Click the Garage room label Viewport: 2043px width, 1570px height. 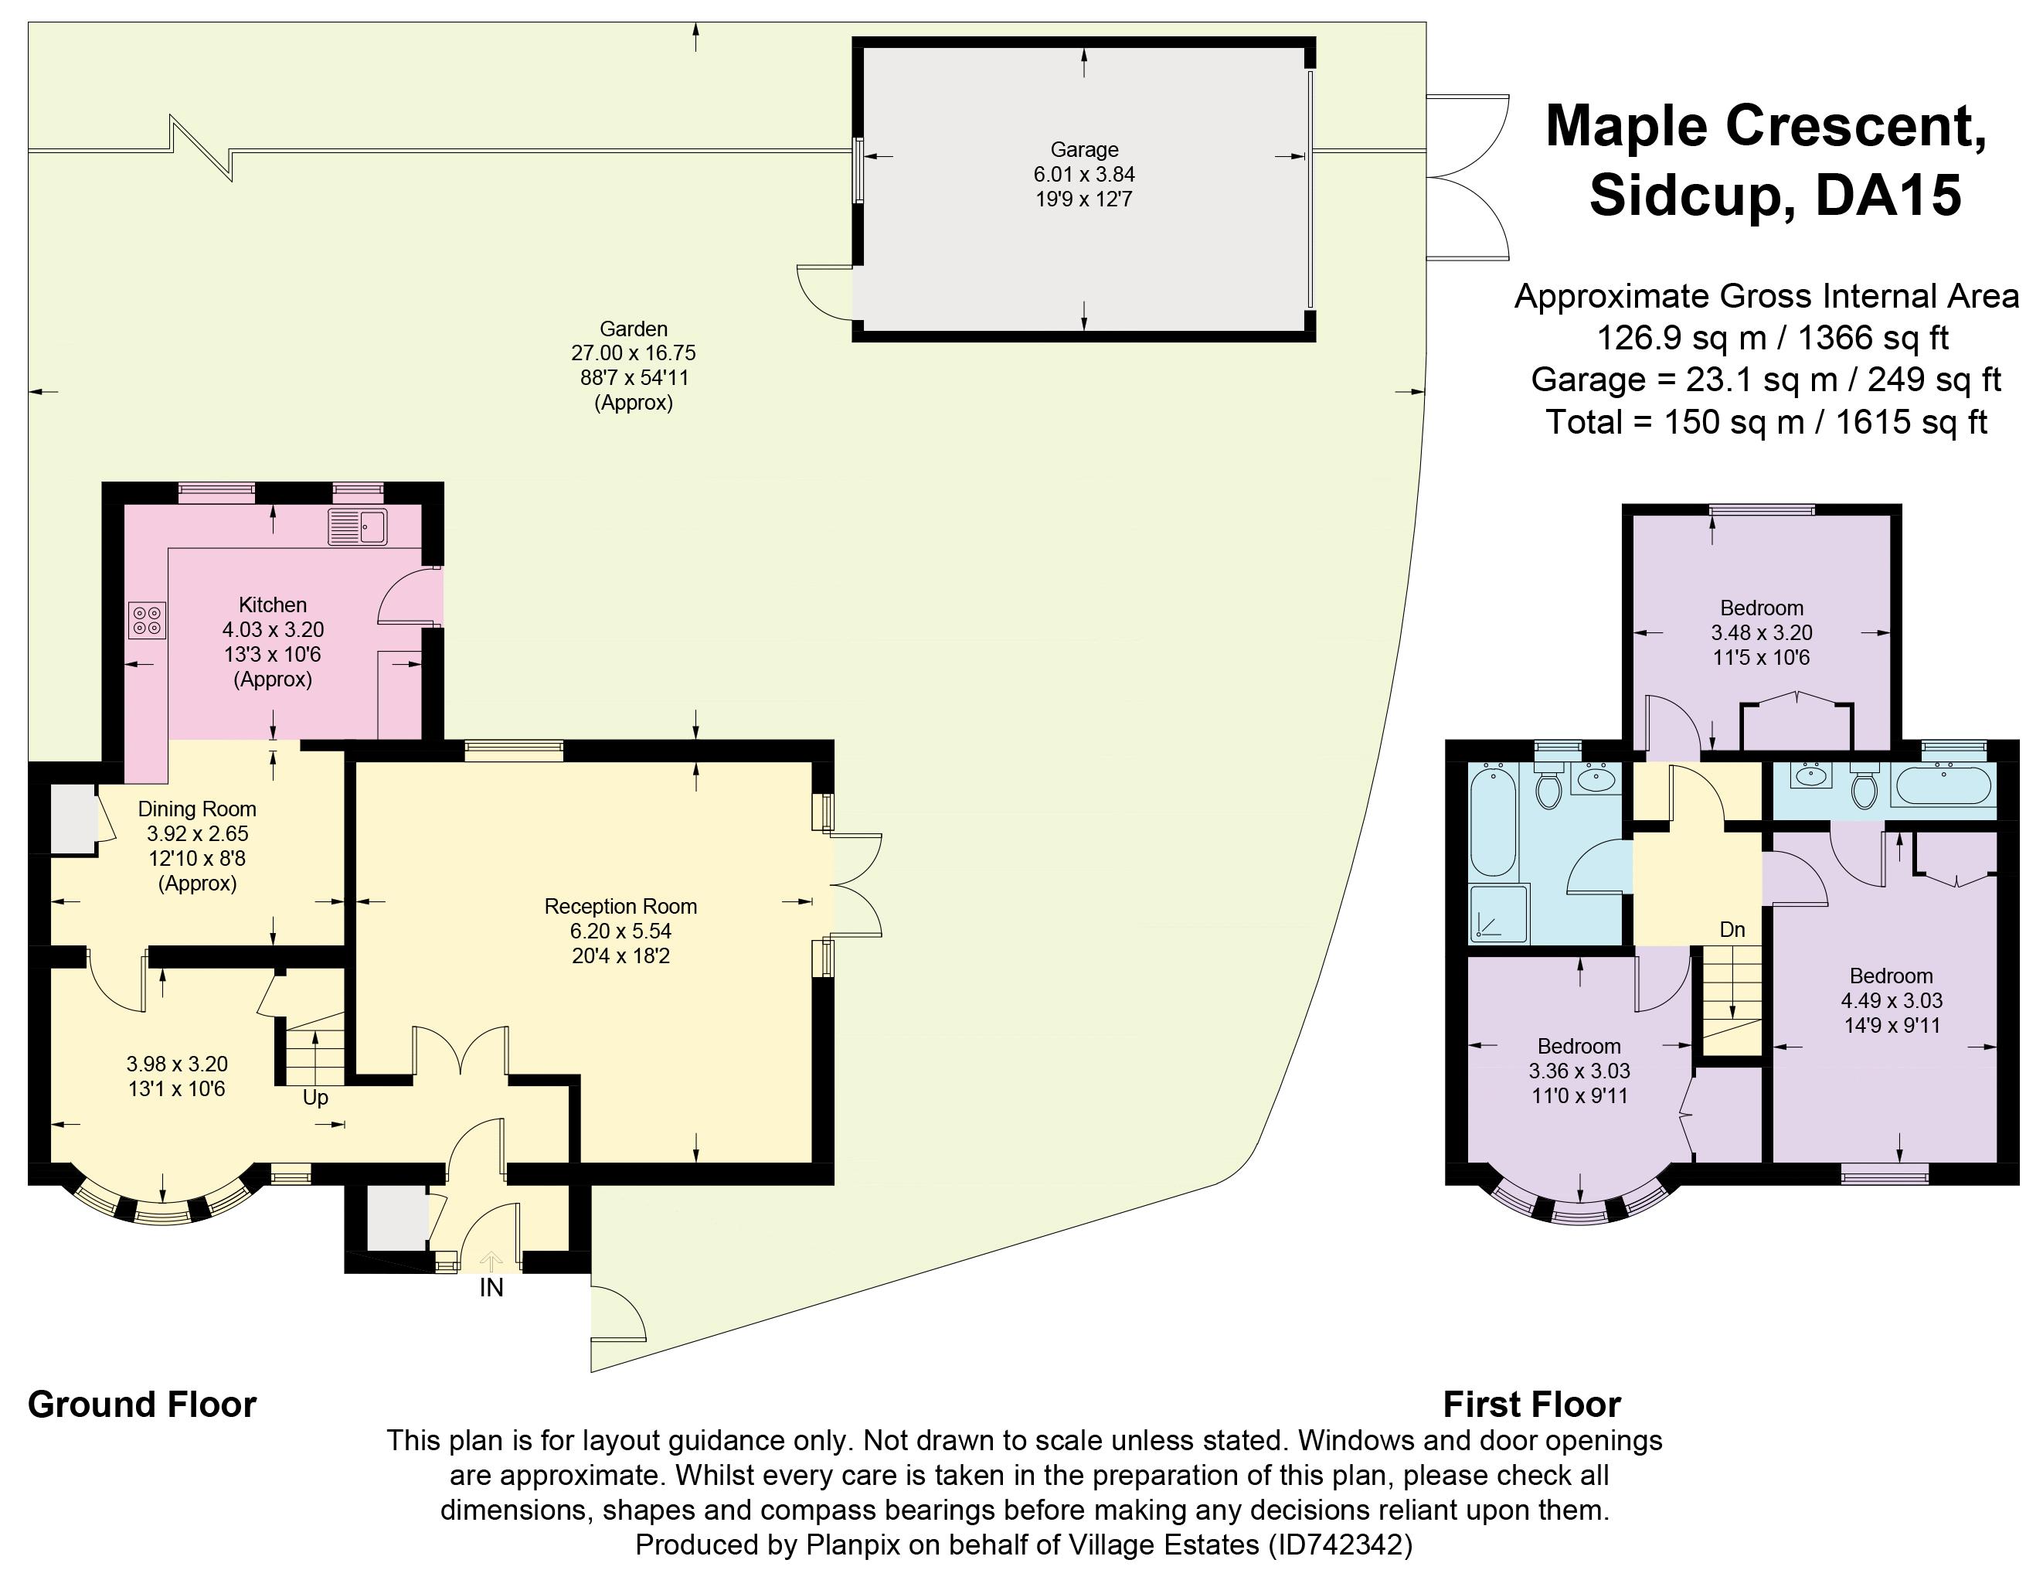[1083, 149]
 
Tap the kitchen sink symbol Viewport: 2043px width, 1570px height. [358, 527]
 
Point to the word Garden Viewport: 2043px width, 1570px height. [634, 329]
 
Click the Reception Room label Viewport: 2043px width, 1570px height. [620, 907]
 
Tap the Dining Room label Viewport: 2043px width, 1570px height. [197, 809]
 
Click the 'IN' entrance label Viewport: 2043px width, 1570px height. [491, 1288]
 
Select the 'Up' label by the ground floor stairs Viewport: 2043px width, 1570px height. [316, 1098]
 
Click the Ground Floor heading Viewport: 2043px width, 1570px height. [142, 1405]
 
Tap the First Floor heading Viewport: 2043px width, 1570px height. [1532, 1405]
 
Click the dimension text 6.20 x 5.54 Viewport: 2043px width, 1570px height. [620, 931]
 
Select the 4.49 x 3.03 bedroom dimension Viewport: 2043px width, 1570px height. [1892, 1000]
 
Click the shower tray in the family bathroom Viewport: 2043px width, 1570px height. [1498, 913]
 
